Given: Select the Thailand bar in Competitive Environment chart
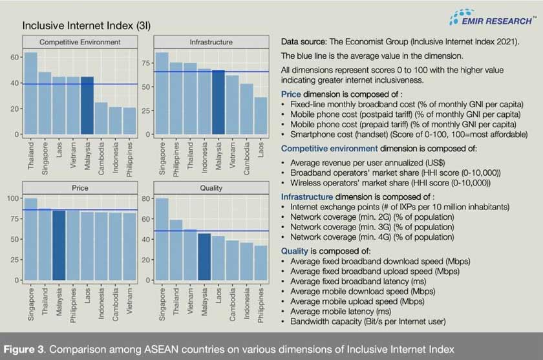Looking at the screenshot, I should (x=31, y=94).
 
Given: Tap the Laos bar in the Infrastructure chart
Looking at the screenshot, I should (x=260, y=116).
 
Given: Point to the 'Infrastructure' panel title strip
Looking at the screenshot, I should (x=211, y=43).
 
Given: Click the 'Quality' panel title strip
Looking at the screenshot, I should (x=211, y=188).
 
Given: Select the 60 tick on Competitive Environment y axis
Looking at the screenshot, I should (x=16, y=58).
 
